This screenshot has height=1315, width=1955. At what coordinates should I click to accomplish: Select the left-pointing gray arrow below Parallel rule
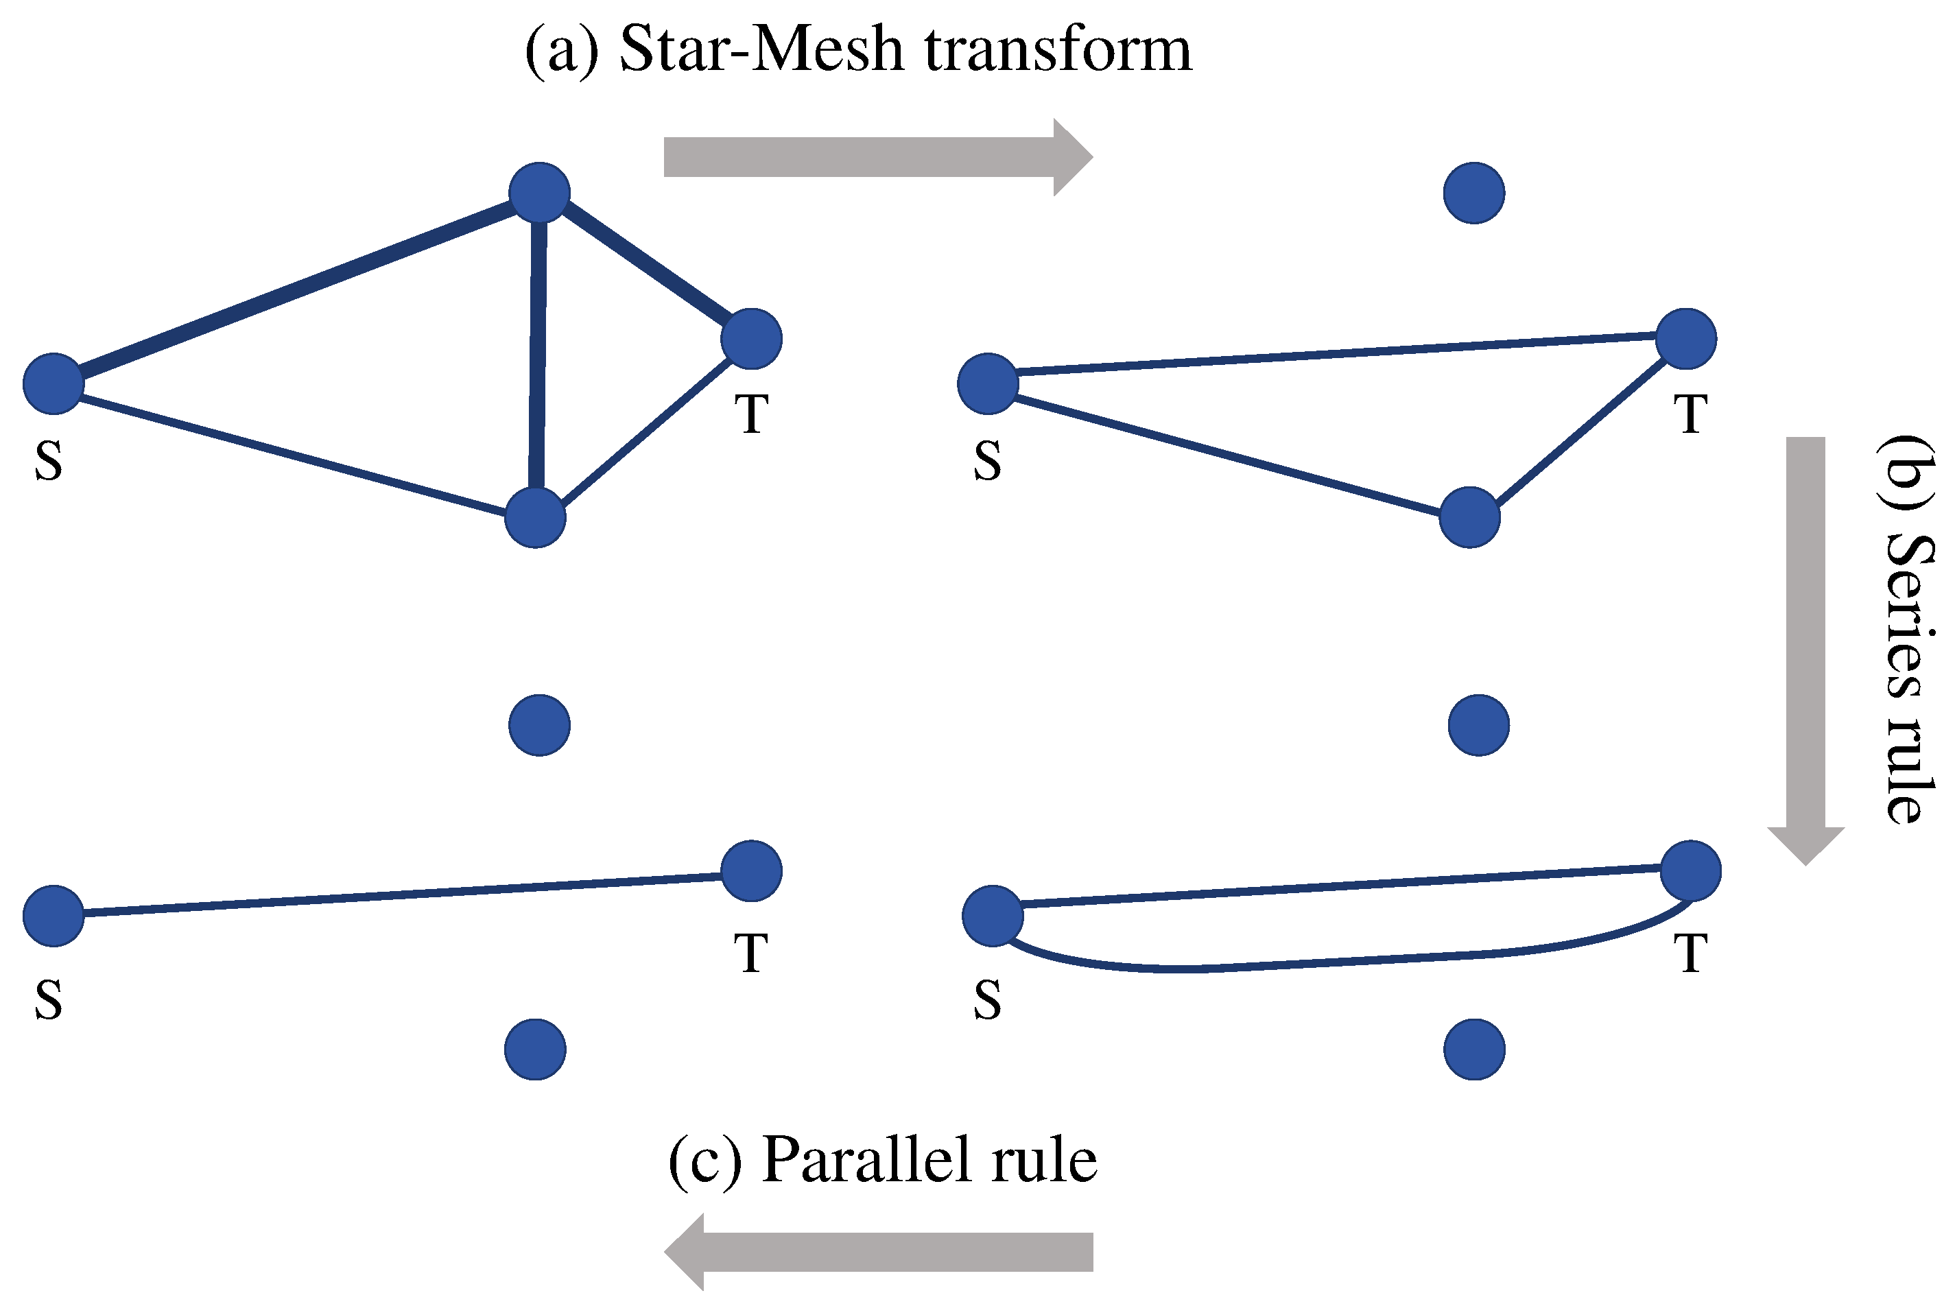tap(881, 1252)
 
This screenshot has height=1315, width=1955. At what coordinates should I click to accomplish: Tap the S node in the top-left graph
tap(54, 384)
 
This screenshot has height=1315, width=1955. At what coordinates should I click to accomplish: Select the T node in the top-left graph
tap(751, 339)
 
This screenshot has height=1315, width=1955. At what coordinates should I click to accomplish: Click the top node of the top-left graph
tap(539, 193)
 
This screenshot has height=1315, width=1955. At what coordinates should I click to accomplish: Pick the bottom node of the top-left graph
tap(535, 517)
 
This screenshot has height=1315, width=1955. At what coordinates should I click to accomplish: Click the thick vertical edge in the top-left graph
tap(538, 352)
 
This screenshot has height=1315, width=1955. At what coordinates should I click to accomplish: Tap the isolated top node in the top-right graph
tap(1473, 193)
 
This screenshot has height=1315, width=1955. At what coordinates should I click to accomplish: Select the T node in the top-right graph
tap(1686, 339)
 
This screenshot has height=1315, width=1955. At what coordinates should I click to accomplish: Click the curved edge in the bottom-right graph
tap(1342, 963)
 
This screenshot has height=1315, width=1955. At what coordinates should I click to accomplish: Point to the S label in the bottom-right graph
tap(987, 999)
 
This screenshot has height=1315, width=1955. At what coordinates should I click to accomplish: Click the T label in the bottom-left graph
tap(750, 953)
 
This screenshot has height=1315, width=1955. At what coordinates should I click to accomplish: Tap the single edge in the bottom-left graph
tap(403, 895)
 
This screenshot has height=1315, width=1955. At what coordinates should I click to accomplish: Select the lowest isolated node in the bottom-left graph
tap(535, 1049)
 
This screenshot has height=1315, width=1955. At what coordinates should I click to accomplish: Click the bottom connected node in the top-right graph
tap(1469, 517)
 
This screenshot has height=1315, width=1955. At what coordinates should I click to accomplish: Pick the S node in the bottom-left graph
tap(54, 916)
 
